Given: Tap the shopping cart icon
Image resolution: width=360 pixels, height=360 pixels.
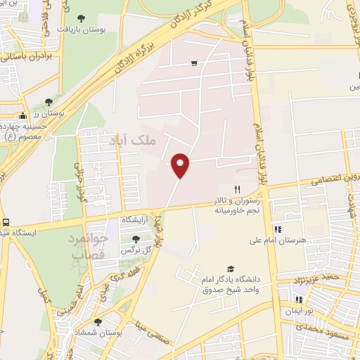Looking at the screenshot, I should click(194, 63).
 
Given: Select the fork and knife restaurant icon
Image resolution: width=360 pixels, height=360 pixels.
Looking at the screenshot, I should click(238, 189).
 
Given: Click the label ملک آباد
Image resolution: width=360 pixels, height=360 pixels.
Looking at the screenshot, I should click(131, 141).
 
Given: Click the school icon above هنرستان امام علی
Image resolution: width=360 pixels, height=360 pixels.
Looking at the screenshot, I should click(277, 229).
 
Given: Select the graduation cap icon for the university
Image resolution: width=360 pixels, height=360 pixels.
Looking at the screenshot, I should click(231, 269).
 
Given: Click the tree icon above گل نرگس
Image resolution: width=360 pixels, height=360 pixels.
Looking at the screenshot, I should click(136, 239).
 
